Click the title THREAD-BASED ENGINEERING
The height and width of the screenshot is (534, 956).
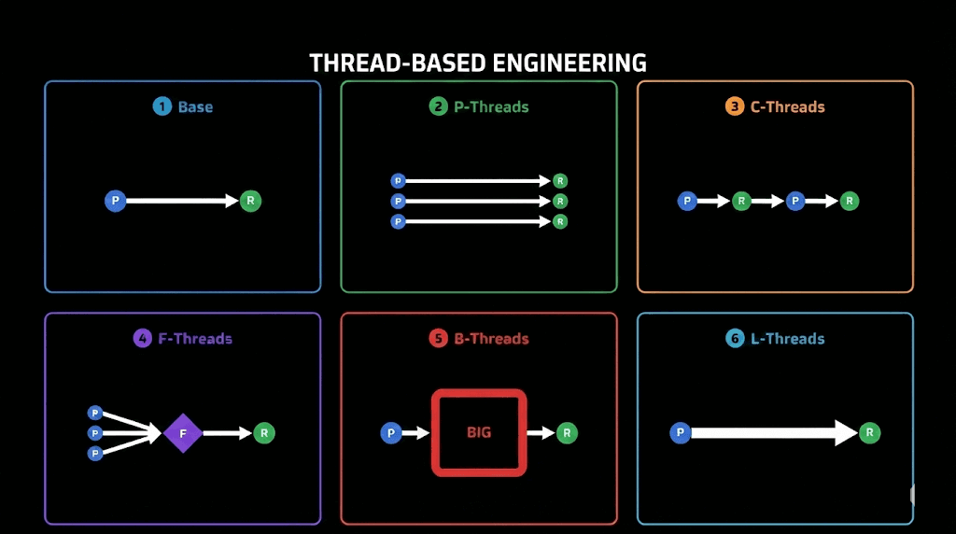pyautogui.click(x=477, y=63)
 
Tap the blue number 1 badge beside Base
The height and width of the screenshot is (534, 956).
pyautogui.click(x=162, y=106)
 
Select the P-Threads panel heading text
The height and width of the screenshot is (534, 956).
pyautogui.click(x=491, y=106)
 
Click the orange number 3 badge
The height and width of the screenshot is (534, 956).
pyautogui.click(x=735, y=106)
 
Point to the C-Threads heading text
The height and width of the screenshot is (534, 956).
pyautogui.click(x=787, y=106)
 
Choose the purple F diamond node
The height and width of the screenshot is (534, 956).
pyautogui.click(x=183, y=433)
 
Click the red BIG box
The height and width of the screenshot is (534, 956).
pyautogui.click(x=479, y=432)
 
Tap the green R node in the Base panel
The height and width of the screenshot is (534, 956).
pyautogui.click(x=250, y=201)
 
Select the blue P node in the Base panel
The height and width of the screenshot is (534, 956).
pyautogui.click(x=115, y=201)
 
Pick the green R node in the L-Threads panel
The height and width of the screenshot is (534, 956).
pyautogui.click(x=869, y=432)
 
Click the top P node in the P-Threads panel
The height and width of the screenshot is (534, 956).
pyautogui.click(x=399, y=181)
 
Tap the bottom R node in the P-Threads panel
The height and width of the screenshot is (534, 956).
pyautogui.click(x=560, y=221)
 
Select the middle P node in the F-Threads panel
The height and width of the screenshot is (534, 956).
pyautogui.click(x=94, y=433)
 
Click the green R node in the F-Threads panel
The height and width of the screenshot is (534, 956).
pyautogui.click(x=264, y=433)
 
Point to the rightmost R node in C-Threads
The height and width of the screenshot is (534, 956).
pyautogui.click(x=849, y=201)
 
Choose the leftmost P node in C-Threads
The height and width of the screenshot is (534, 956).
pyautogui.click(x=687, y=201)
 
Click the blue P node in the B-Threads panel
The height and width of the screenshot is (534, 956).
pyautogui.click(x=391, y=433)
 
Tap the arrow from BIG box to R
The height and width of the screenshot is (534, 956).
pyautogui.click(x=541, y=433)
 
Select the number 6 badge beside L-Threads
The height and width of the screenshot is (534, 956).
pyautogui.click(x=735, y=339)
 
